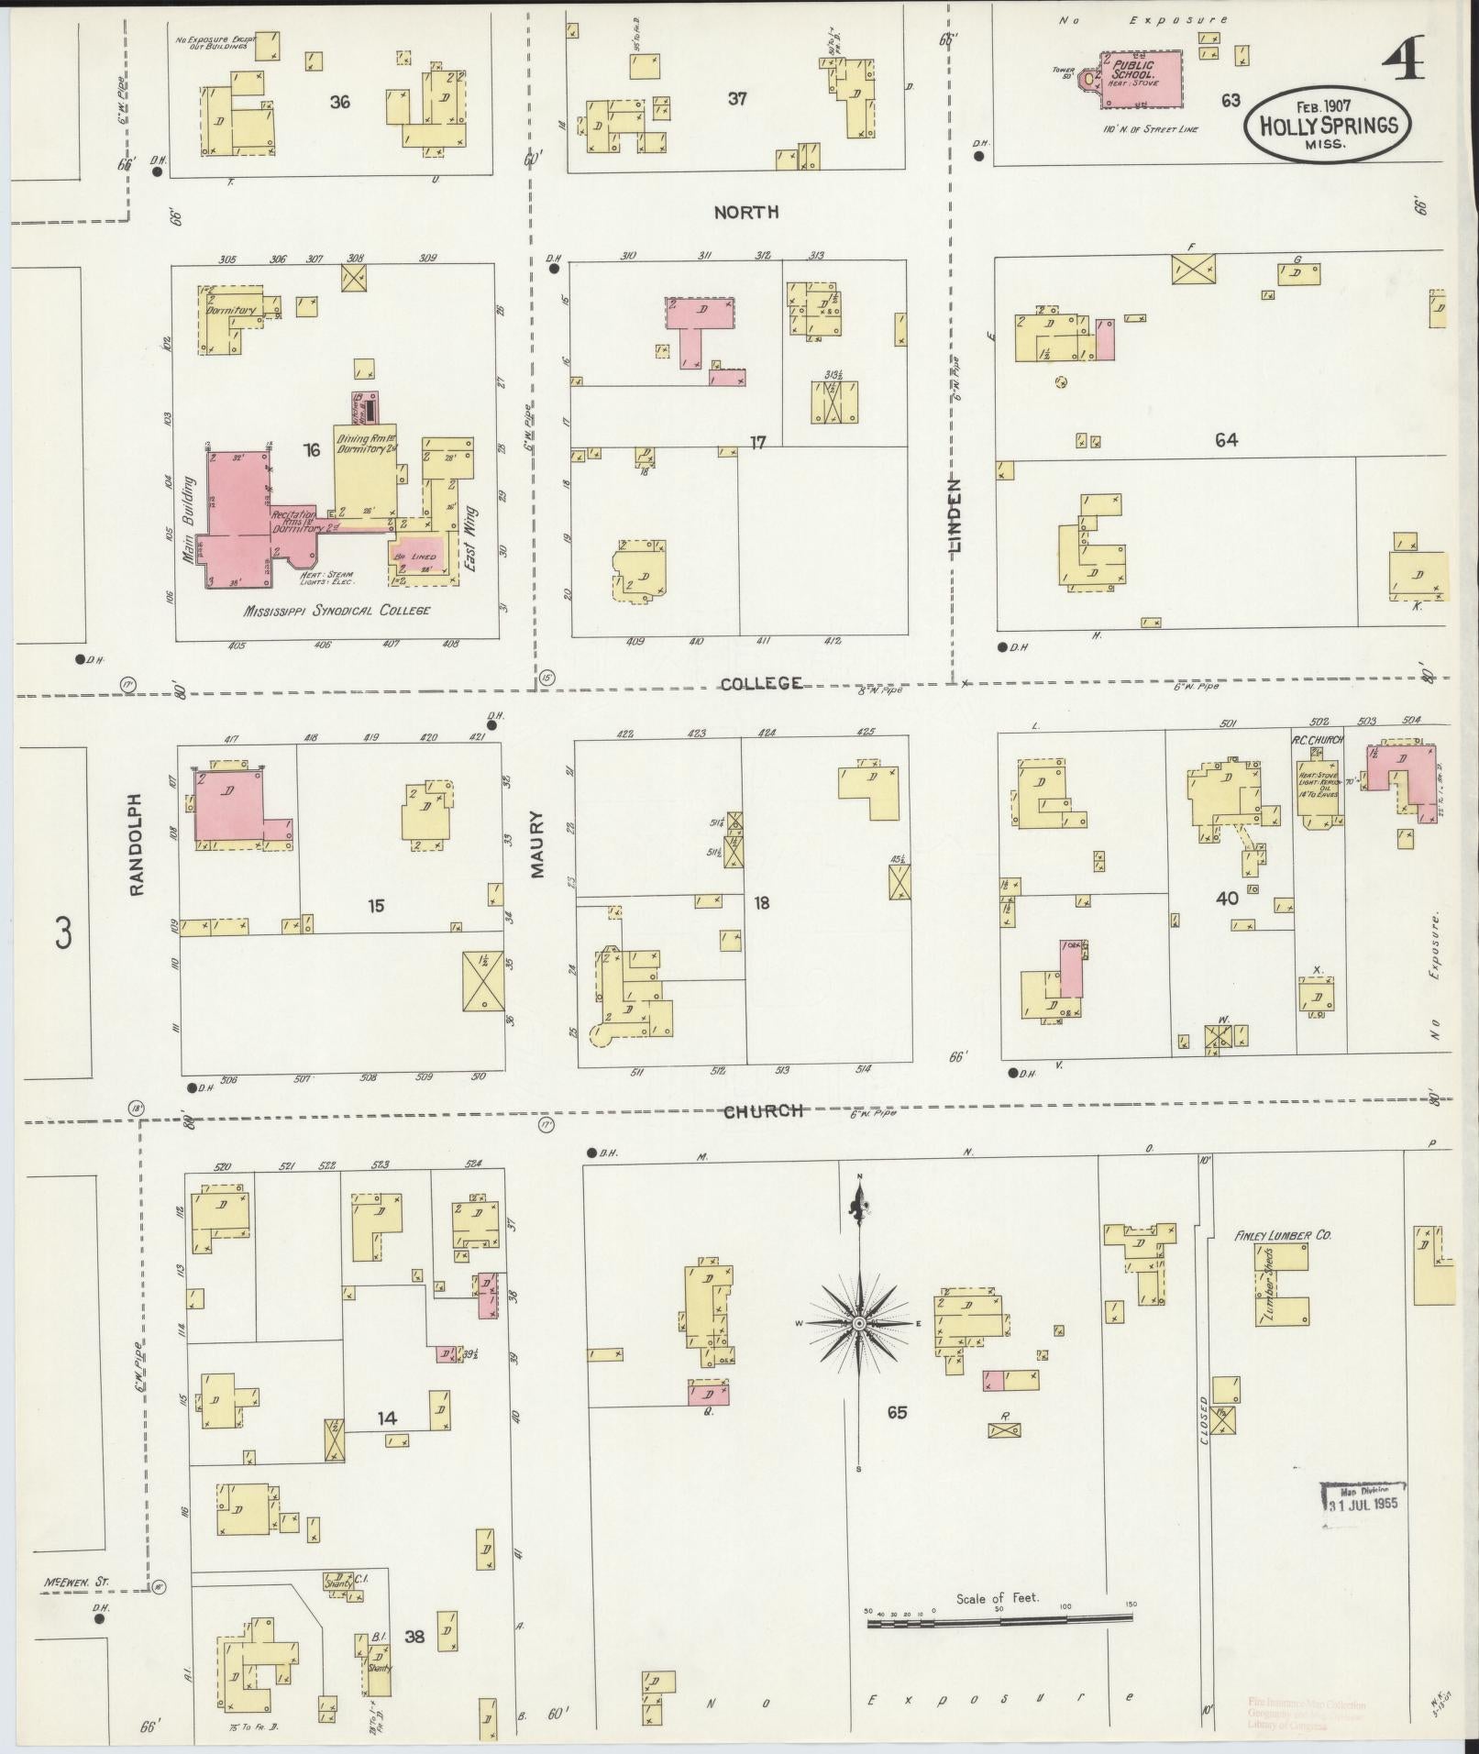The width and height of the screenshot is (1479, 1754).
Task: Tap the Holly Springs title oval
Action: pos(1327,126)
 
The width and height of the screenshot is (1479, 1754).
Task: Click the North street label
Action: pos(746,212)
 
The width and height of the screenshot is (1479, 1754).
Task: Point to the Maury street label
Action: pos(537,843)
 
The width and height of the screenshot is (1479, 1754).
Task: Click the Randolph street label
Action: pos(138,844)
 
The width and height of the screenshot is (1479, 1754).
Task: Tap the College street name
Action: pos(761,683)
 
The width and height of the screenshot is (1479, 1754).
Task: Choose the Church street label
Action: pos(764,1110)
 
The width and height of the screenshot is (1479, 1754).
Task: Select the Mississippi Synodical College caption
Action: pos(336,610)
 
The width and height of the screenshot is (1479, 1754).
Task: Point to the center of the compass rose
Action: pos(859,1324)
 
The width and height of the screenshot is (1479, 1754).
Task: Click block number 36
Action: pos(339,101)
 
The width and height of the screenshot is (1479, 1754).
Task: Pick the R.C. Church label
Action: pos(1317,740)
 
